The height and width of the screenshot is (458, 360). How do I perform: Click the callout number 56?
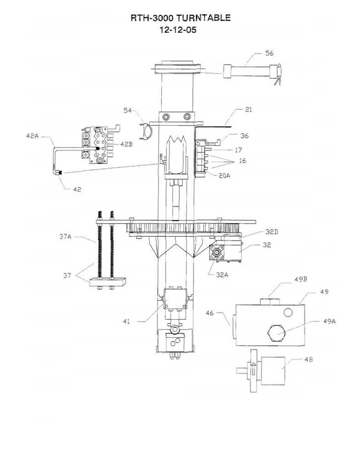point(269,53)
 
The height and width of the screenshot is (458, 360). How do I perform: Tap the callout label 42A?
point(32,136)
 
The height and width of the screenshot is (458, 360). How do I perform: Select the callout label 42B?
point(126,144)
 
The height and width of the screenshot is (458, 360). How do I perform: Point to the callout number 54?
point(127,110)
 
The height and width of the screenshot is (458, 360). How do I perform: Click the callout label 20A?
point(224,176)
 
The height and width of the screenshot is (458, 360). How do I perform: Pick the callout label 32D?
point(272,232)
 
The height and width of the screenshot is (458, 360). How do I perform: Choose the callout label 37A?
point(65,237)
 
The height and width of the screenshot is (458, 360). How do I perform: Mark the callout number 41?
point(127,321)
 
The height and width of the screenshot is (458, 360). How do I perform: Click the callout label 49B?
point(301,279)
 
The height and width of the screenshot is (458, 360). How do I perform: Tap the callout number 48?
point(309,359)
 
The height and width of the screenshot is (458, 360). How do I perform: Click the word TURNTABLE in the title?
point(203,18)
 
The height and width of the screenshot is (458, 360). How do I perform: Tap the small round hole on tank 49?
point(288,313)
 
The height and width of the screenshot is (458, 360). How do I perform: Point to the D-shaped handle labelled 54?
point(146,131)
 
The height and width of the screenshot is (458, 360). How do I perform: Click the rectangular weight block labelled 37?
point(107,282)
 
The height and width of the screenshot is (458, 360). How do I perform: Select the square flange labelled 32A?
point(217,252)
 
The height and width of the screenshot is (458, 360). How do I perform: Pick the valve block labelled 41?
point(175,298)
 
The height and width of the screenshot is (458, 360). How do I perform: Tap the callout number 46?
point(210,313)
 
